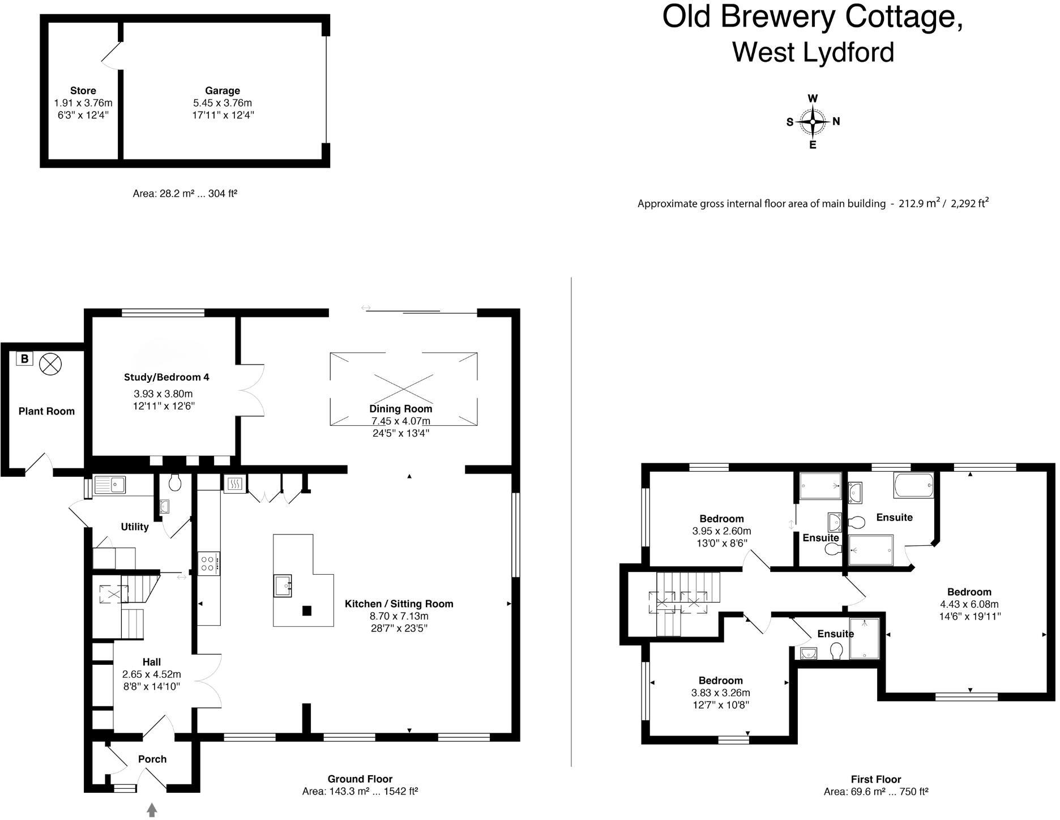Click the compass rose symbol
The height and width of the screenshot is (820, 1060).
[813, 121]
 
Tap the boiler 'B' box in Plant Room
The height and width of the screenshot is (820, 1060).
[24, 358]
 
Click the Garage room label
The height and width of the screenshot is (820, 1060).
[223, 91]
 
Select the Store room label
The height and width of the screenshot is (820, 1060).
[83, 91]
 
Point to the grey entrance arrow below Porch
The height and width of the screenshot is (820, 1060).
[152, 810]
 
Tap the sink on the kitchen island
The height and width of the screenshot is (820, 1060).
[283, 586]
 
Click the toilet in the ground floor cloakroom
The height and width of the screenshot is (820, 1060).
[175, 482]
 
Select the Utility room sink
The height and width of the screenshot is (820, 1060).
[110, 485]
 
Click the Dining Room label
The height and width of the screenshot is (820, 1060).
[400, 409]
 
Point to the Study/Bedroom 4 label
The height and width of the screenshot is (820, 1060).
[166, 377]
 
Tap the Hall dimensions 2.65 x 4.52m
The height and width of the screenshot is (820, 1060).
[152, 674]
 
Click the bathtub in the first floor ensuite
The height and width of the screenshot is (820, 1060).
[913, 485]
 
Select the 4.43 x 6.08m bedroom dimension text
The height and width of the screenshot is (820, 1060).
[969, 604]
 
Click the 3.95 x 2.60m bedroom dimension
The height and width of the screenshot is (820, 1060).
[721, 531]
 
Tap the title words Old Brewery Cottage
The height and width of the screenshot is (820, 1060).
[813, 17]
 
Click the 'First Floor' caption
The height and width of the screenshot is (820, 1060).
[875, 779]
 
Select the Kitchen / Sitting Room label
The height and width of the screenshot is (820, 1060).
[399, 604]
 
